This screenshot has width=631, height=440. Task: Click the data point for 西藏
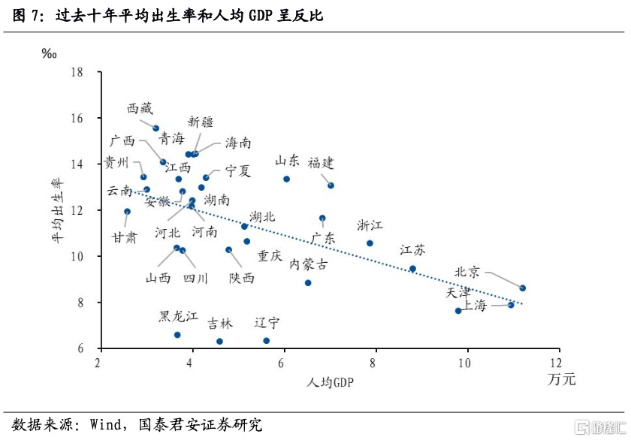point(155,128)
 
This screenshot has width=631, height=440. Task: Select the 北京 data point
point(523,288)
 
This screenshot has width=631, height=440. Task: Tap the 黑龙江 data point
point(177,335)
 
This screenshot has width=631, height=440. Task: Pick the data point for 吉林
point(219,341)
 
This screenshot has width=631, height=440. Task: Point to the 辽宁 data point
point(266,340)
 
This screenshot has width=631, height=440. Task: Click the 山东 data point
point(286,179)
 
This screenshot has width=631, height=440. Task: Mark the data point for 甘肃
point(127,212)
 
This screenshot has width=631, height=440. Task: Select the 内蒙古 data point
point(308,282)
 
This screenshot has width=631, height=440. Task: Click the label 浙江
point(370,225)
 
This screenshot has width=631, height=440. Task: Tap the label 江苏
point(412,249)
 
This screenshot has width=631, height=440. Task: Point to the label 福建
point(321,162)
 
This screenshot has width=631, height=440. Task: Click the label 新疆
point(201,122)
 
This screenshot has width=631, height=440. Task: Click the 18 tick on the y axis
point(76,73)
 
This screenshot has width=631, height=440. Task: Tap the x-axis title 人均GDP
point(330,382)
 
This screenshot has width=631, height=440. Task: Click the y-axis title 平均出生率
point(58,210)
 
